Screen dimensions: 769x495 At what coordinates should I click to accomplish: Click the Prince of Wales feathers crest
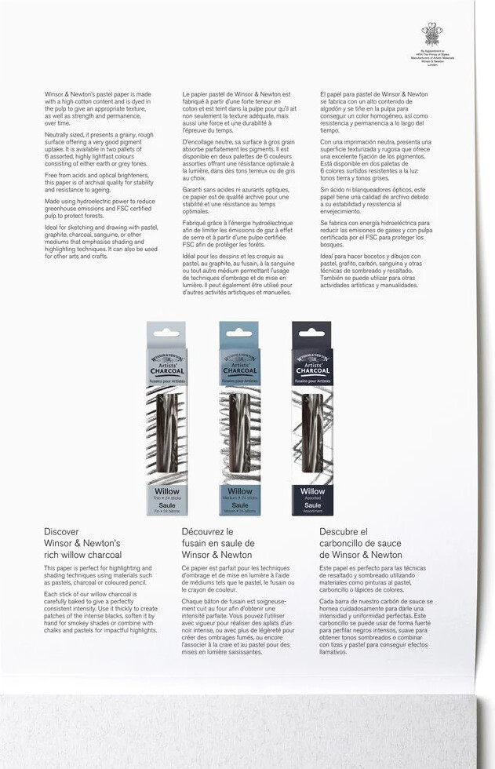click(431, 34)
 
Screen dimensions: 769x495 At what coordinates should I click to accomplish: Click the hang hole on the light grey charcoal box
click(166, 333)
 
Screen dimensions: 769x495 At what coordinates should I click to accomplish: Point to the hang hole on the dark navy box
click(311, 333)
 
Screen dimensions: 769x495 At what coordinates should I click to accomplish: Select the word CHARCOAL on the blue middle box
click(239, 371)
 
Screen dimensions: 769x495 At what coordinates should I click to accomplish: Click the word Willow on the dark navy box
click(311, 491)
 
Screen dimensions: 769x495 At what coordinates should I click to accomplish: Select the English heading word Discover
click(61, 531)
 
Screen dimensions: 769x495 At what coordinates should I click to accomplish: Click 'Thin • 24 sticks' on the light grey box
click(166, 497)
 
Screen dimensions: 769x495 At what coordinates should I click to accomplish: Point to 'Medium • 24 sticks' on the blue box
click(239, 497)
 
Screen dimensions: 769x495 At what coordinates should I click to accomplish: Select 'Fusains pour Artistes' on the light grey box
click(166, 380)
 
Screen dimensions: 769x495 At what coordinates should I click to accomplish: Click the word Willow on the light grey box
click(166, 491)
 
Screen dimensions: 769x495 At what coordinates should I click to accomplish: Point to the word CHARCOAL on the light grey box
click(166, 371)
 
